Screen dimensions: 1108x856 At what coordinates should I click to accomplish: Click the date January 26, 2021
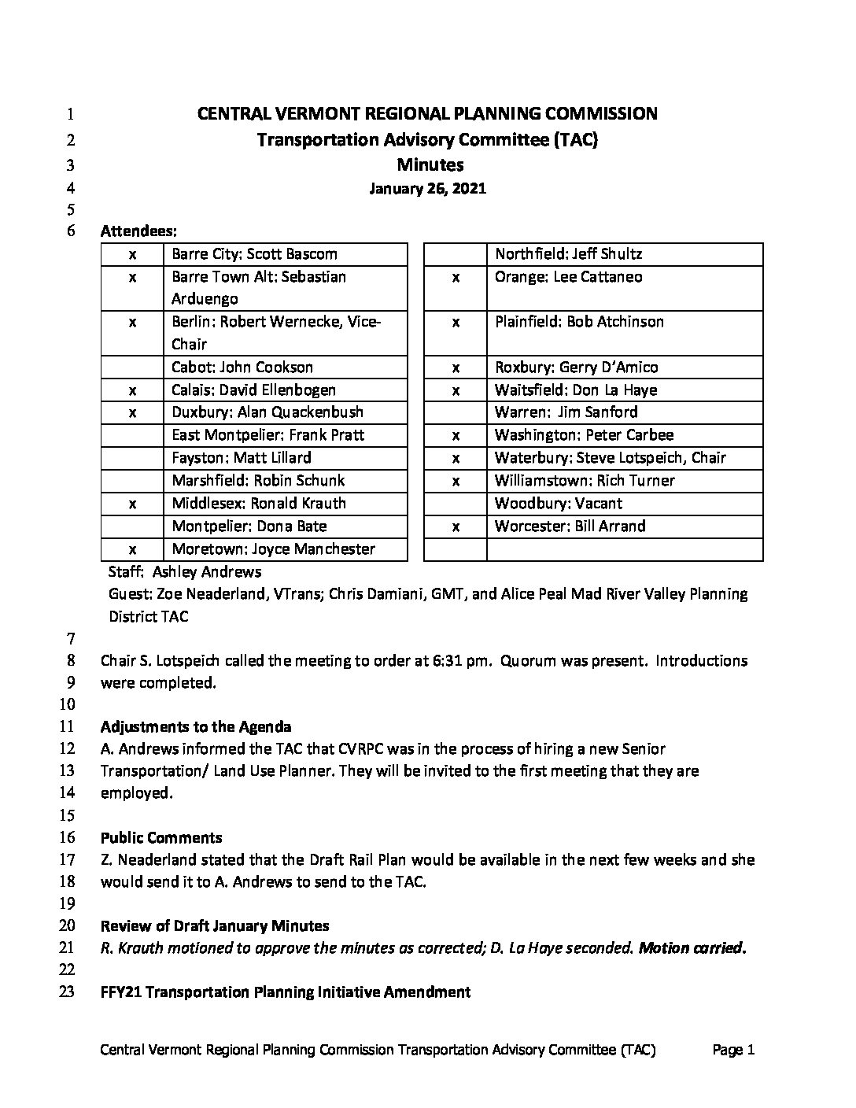[x=428, y=189]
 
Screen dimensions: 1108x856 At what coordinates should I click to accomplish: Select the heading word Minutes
[x=430, y=164]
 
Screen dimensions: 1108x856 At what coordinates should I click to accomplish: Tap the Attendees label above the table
[x=138, y=231]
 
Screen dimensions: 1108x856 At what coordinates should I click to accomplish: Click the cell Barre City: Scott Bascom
[x=254, y=254]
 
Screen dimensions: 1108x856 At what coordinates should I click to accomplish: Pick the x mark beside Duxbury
[x=132, y=412]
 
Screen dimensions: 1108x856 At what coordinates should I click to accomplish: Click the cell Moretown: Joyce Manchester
[x=273, y=549]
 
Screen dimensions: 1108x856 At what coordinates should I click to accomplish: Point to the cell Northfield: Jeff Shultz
[x=568, y=254]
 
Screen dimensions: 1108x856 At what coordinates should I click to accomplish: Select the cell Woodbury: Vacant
[x=558, y=504]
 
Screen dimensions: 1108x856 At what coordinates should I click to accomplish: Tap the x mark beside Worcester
[x=456, y=526]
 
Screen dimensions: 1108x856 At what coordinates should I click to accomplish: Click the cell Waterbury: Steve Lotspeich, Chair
[x=610, y=458]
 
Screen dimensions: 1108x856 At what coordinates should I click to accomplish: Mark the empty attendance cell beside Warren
[x=456, y=412]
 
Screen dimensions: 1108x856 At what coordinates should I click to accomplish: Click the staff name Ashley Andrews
[x=207, y=572]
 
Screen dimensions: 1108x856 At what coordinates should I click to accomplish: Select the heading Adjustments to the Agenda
[x=196, y=727]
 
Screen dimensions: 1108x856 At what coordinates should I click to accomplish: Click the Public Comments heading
[x=161, y=838]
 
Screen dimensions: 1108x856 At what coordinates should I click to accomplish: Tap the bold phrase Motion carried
[x=692, y=948]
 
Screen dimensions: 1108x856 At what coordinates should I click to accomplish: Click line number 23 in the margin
[x=67, y=992]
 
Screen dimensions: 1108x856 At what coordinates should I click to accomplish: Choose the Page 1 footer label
[x=733, y=1050]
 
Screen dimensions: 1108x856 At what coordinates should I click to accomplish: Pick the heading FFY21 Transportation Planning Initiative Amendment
[x=286, y=992]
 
